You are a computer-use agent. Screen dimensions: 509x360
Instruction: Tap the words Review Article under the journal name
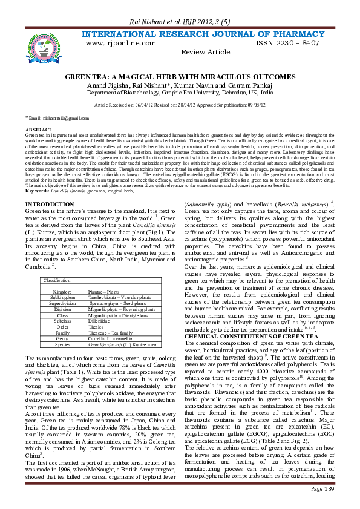tap(206, 53)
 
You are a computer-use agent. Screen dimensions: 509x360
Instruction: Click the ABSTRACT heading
tap(38, 130)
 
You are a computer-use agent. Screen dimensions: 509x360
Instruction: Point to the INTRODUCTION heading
tap(54, 188)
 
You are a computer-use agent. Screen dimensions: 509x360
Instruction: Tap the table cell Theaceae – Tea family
tap(108, 332)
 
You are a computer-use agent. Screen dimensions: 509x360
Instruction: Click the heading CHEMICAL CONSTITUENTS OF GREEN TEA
tap(243, 335)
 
